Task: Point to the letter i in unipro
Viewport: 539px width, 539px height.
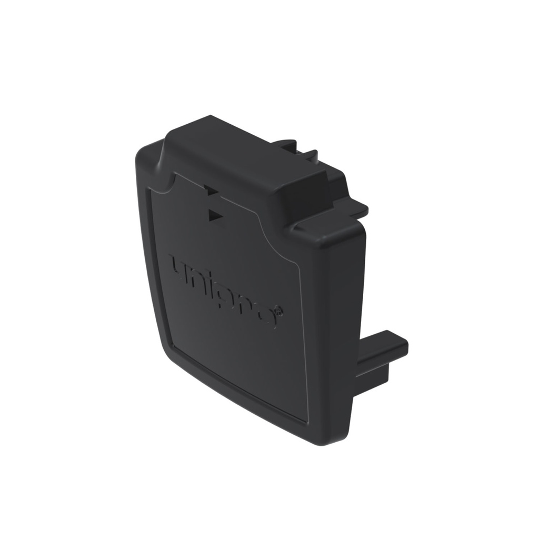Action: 211,284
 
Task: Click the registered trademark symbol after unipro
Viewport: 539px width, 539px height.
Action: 278,312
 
